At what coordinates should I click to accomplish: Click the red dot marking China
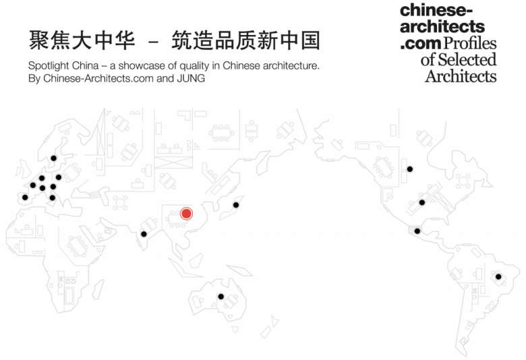(187, 214)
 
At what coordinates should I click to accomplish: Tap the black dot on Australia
(221, 297)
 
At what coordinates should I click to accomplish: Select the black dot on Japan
(236, 205)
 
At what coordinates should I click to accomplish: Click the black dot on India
(144, 234)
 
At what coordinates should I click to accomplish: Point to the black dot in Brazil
(498, 276)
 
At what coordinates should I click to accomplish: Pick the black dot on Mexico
(417, 231)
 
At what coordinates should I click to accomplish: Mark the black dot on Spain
(25, 198)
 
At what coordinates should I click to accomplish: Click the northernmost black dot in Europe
(54, 158)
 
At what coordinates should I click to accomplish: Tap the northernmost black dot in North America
(409, 169)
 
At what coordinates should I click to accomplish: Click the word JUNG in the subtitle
(191, 79)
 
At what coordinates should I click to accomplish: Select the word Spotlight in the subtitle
(51, 66)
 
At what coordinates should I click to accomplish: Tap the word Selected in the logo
(467, 60)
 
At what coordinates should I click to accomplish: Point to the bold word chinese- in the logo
(437, 10)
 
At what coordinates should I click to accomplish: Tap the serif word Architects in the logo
(461, 76)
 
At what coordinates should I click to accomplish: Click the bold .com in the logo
(421, 44)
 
